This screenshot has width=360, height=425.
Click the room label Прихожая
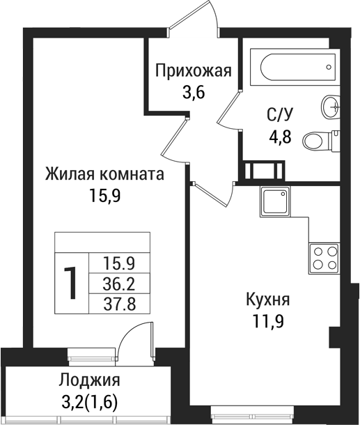click(193, 70)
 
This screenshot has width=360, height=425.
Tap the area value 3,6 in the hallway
click(193, 91)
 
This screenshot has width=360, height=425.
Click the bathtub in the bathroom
click(297, 68)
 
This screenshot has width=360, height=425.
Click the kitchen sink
click(276, 202)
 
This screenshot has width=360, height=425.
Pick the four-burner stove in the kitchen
click(324, 257)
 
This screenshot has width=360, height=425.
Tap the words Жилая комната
click(104, 174)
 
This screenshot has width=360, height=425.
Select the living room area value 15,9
click(104, 195)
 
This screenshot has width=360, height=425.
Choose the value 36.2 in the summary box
click(118, 284)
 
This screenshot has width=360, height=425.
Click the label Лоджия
click(89, 380)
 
